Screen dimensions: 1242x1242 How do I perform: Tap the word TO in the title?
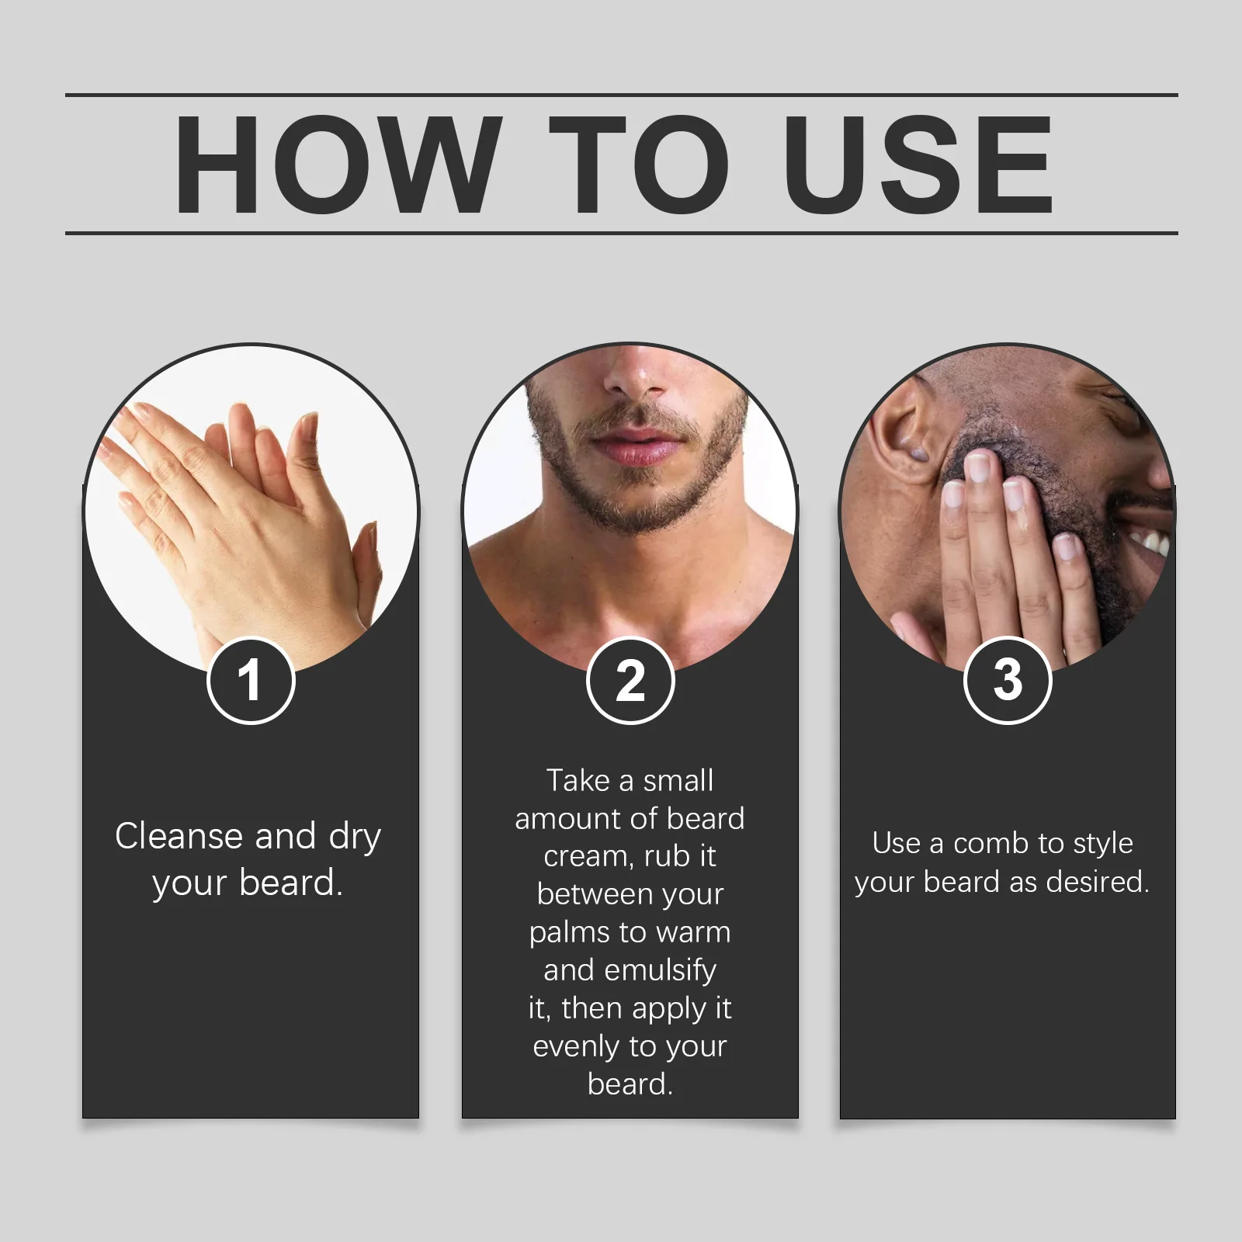pos(638,165)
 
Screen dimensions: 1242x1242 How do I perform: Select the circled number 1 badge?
pos(251,681)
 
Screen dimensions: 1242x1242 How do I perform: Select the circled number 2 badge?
pos(630,681)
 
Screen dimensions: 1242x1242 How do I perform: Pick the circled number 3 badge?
pos(1008,681)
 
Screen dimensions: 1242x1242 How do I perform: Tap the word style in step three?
pos(1103,844)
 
